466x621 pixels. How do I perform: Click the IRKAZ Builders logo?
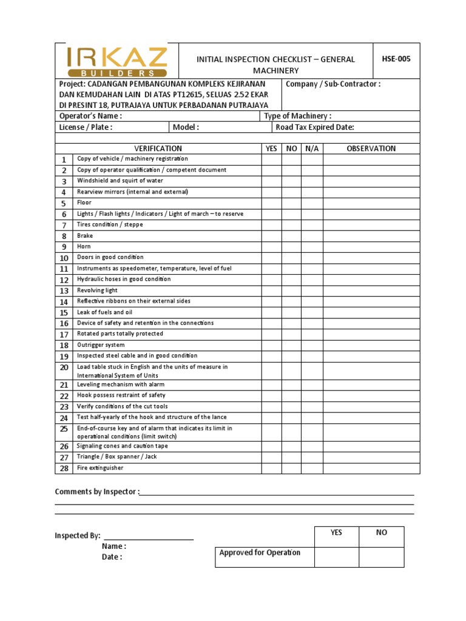[116, 61]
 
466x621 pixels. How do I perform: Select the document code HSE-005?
[396, 59]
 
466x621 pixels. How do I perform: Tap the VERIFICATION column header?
[158, 149]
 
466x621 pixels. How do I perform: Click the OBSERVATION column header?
[371, 149]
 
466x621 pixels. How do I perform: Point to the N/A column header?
[312, 149]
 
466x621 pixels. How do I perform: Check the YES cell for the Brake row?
[271, 236]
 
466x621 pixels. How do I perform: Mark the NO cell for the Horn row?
[291, 247]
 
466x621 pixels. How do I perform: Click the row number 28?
[64, 469]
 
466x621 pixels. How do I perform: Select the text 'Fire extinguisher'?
[100, 468]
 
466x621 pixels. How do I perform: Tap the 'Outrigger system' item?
[101, 345]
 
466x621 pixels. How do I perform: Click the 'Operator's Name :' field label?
[90, 116]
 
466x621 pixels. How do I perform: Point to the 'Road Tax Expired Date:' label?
[315, 127]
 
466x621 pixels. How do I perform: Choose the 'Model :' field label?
[186, 127]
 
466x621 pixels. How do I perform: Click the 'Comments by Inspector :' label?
[97, 492]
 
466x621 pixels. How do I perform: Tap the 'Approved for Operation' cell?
[260, 552]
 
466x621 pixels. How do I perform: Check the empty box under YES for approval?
[336, 557]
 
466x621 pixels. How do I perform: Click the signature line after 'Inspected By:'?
[149, 538]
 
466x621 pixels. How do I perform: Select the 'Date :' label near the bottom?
[112, 557]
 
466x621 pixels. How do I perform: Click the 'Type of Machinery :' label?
[298, 116]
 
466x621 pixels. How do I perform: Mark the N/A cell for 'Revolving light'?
[312, 290]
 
